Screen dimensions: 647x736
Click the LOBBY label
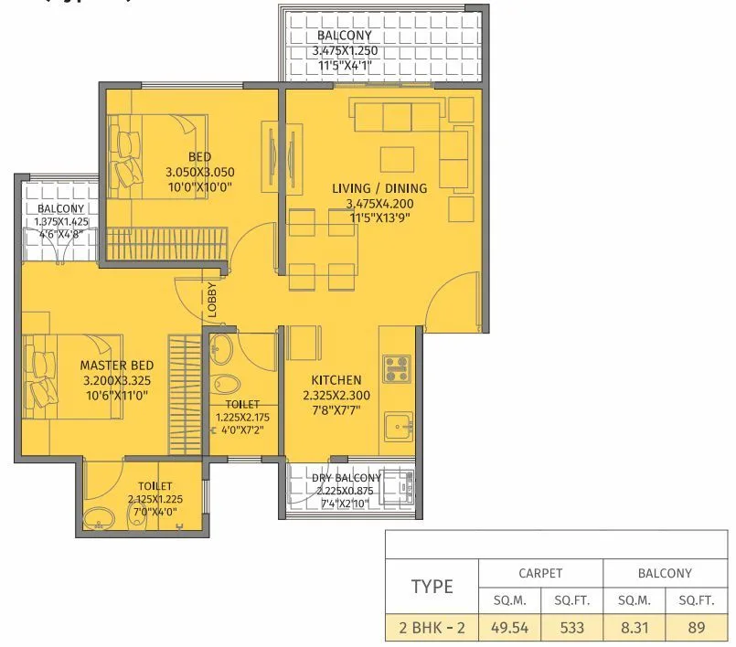tap(211, 300)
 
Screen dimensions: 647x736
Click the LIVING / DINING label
tap(379, 188)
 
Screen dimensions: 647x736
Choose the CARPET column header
tap(540, 573)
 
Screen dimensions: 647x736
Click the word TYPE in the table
tap(432, 586)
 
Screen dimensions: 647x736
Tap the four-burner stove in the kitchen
tap(396, 368)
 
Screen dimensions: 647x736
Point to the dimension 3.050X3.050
tap(199, 172)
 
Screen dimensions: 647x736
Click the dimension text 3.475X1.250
tap(345, 51)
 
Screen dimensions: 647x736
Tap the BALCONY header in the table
tap(665, 573)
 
